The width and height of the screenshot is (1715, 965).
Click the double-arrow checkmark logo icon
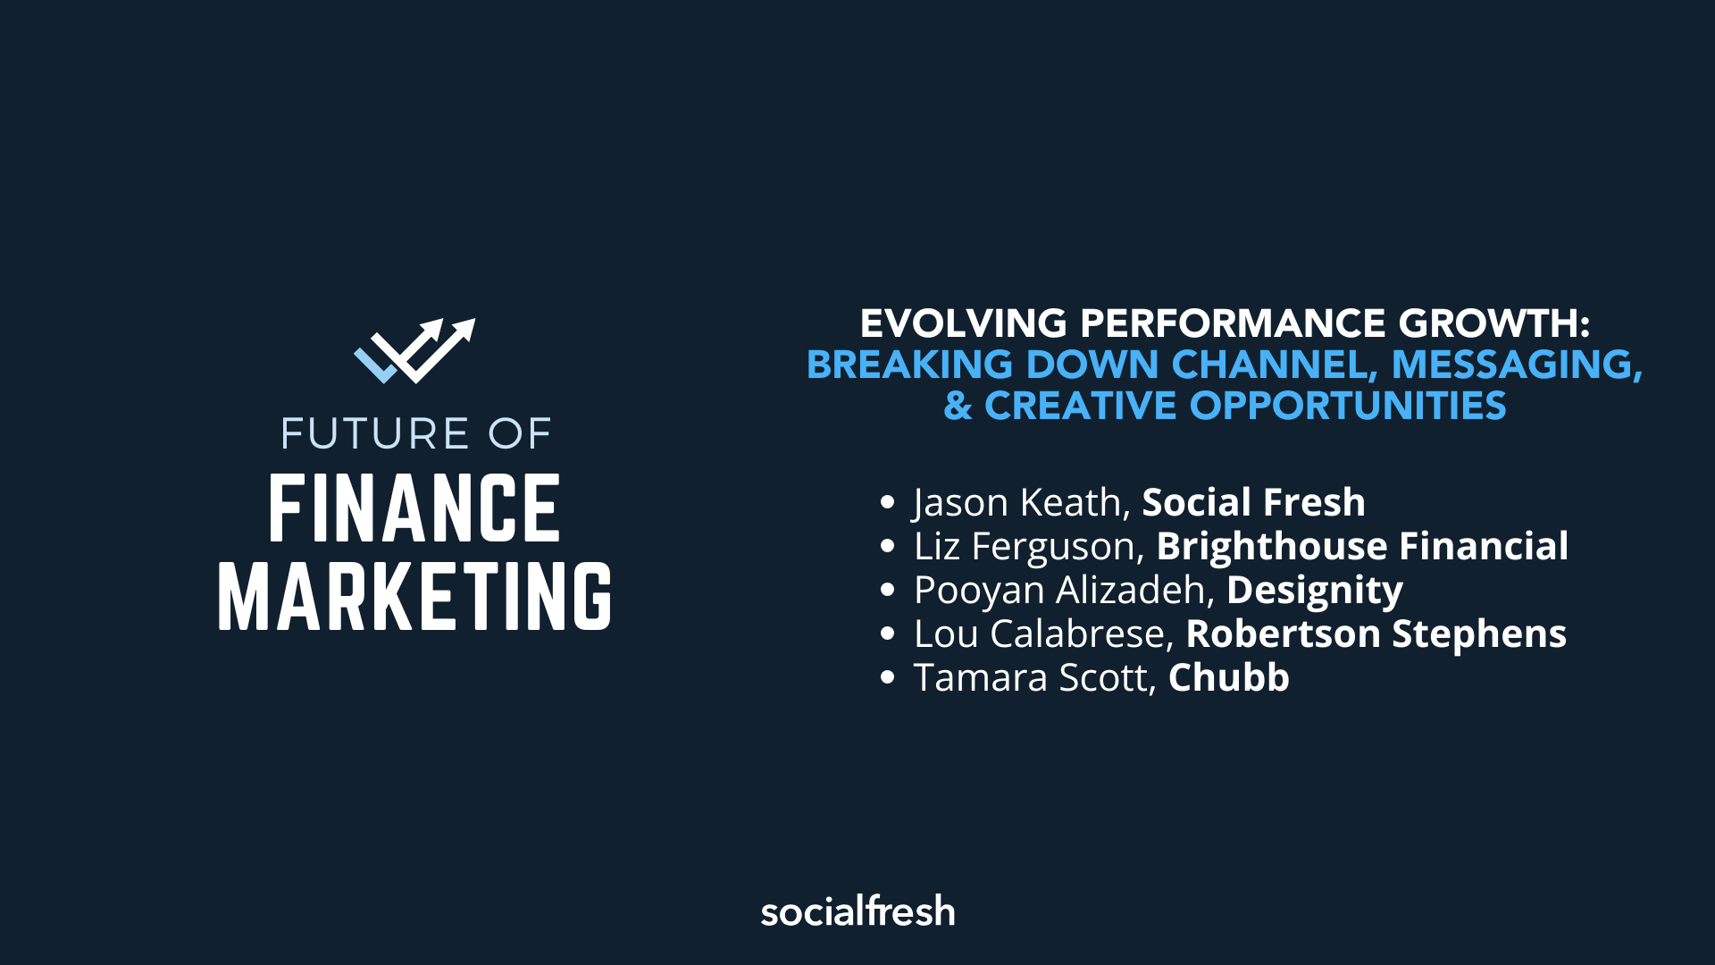click(x=414, y=350)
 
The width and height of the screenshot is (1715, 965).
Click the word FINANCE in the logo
click(x=414, y=509)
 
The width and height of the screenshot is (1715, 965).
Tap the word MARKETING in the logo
click(x=414, y=597)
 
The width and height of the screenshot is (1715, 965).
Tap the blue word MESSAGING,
click(x=1517, y=365)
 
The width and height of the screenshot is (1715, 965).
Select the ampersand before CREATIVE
click(x=958, y=407)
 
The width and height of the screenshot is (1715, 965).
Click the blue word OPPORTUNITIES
click(x=1348, y=407)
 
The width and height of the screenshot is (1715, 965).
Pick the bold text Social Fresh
click(x=1253, y=502)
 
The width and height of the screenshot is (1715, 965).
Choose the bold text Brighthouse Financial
click(x=1362, y=546)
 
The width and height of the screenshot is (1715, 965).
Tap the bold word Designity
click(x=1314, y=590)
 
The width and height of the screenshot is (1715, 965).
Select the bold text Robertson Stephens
click(x=1376, y=634)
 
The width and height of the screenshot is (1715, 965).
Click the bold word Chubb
click(x=1228, y=677)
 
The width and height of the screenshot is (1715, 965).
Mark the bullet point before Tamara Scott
click(x=887, y=677)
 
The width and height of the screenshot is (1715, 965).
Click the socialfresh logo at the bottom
click(x=857, y=911)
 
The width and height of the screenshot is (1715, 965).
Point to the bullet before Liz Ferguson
click(x=887, y=546)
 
